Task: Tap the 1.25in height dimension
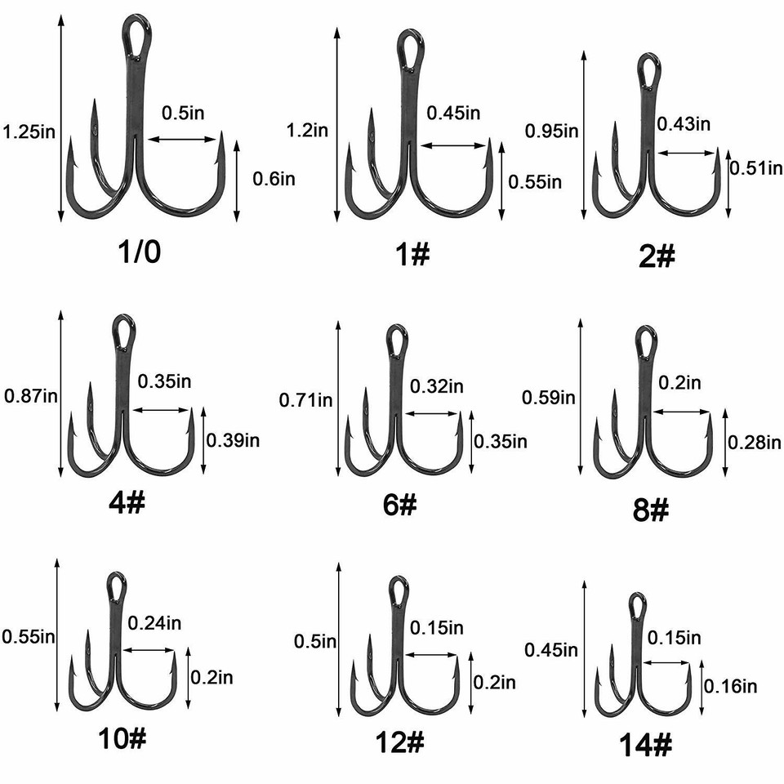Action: point(29,131)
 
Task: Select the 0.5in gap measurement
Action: point(184,114)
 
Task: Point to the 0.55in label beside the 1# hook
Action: point(535,180)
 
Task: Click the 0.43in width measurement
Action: point(684,123)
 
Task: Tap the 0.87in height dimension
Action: point(31,396)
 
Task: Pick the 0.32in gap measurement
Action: point(437,385)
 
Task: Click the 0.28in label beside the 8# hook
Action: point(753,442)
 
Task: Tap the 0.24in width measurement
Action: point(155,623)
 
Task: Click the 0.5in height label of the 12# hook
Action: point(314,642)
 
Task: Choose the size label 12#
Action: point(400,742)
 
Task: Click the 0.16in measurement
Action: point(730,686)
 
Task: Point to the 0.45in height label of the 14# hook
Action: point(551,650)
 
